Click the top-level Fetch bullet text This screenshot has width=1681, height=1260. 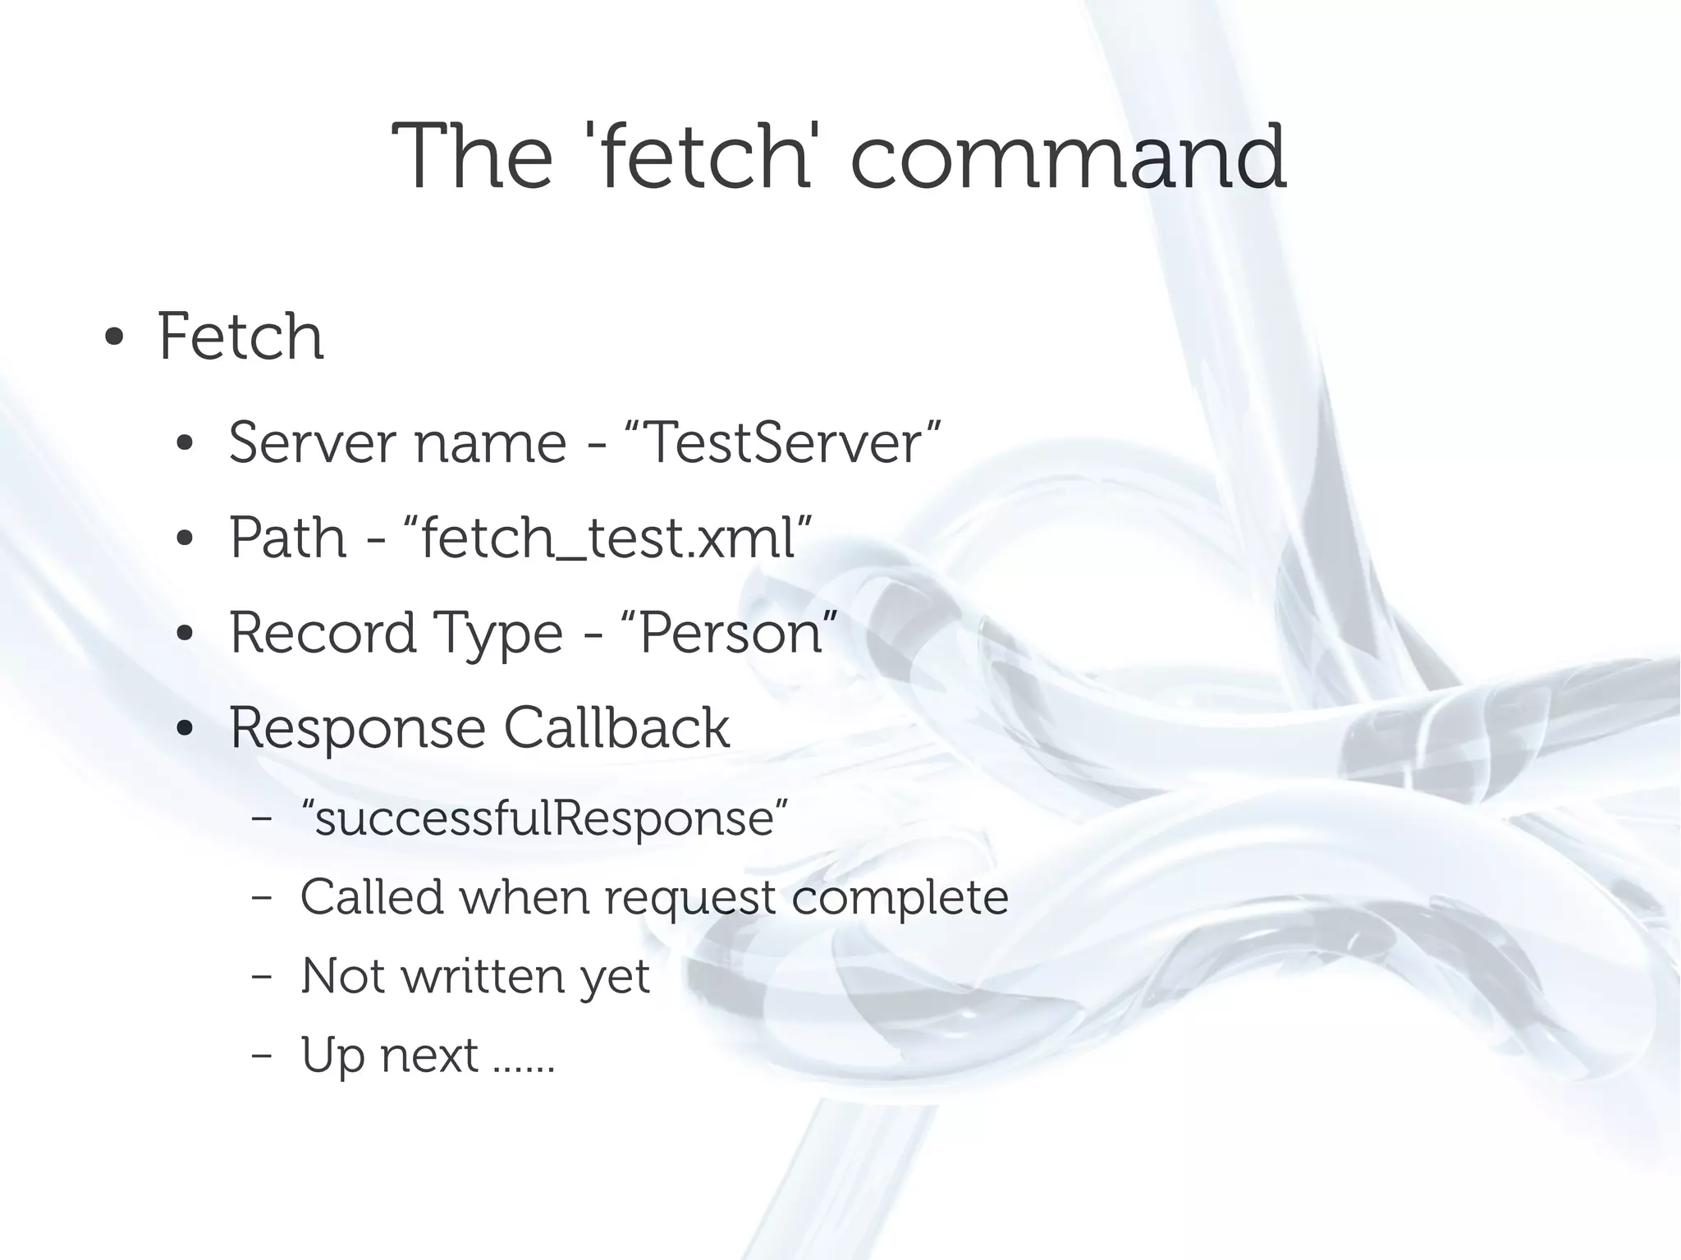pos(240,337)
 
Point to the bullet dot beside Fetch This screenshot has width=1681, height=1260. pos(114,337)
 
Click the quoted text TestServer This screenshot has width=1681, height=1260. pos(783,443)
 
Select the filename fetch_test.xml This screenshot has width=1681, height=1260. pos(608,538)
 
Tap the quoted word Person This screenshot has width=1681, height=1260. pos(731,634)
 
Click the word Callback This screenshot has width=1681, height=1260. pos(616,728)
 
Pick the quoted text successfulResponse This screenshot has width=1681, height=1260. pos(544,818)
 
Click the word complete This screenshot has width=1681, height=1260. pos(900,897)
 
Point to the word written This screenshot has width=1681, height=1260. pos(483,976)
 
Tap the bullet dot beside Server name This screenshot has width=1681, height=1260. pos(185,444)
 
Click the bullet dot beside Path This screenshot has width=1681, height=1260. pos(185,539)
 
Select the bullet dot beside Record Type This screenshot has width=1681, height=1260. pos(185,635)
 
